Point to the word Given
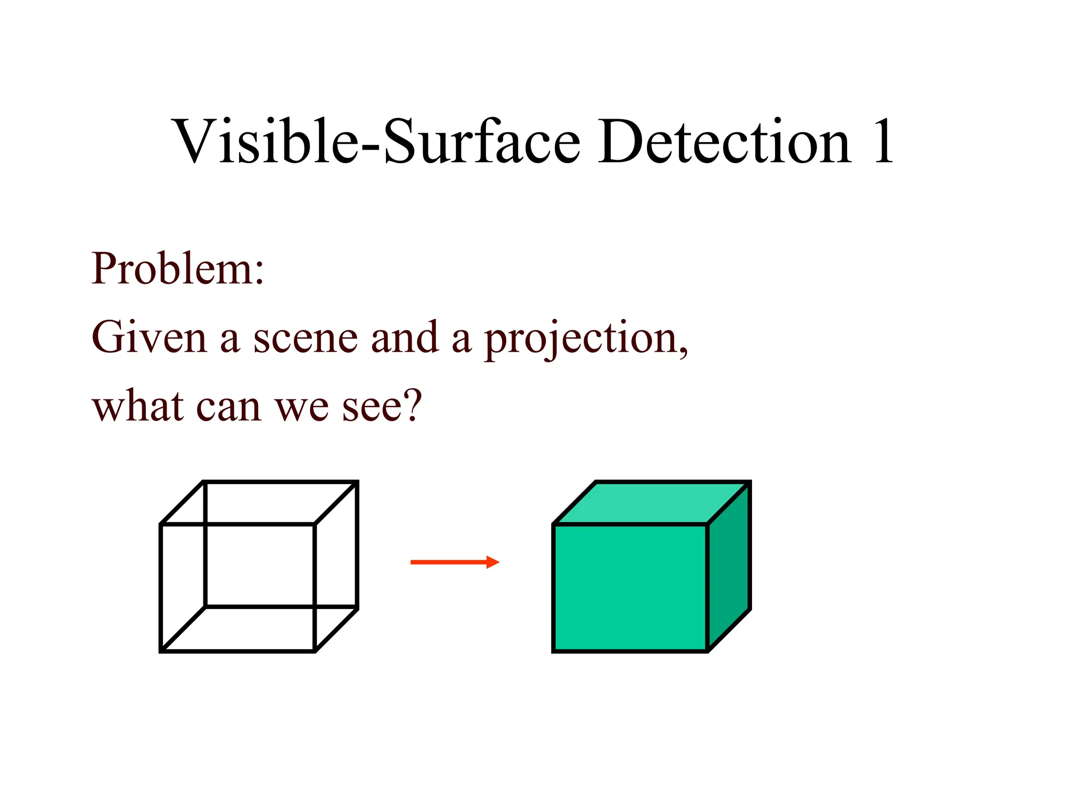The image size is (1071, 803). (x=149, y=338)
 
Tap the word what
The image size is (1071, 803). (x=138, y=406)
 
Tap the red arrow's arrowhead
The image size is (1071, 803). (x=493, y=563)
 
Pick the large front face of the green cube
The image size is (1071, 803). (x=630, y=588)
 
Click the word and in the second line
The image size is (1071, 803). (x=404, y=338)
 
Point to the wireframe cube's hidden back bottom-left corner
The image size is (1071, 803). (x=206, y=607)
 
